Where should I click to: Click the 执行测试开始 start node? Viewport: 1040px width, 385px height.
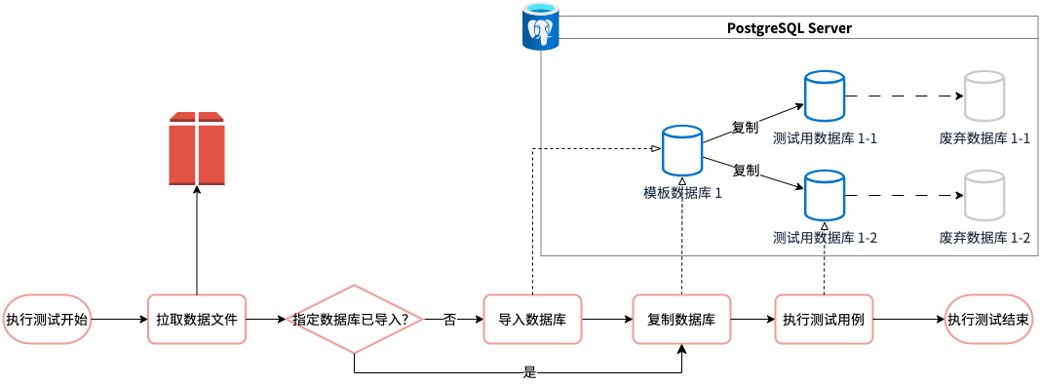(47, 320)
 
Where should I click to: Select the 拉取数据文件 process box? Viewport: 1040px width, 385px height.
(196, 320)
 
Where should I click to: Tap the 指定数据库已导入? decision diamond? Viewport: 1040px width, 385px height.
(354, 320)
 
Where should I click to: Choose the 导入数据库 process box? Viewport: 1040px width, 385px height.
(532, 320)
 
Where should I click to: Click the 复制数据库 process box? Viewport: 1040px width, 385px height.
(681, 320)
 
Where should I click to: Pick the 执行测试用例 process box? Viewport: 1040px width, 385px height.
(824, 320)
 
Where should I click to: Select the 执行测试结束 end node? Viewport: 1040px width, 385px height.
(989, 320)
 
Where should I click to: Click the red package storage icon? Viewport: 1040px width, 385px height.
(196, 149)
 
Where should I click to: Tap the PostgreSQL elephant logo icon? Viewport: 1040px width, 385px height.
(540, 25)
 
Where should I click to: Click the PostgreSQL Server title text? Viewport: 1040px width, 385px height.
(790, 28)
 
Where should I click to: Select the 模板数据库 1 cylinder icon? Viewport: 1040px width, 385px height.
(682, 151)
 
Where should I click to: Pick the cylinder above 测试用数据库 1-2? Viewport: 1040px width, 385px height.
(824, 196)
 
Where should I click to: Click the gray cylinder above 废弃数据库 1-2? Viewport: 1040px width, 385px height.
(984, 196)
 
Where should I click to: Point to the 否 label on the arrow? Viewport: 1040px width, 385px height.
(449, 320)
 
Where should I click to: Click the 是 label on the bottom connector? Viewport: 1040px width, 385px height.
(529, 372)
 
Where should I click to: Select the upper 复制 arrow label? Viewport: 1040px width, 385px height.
(745, 127)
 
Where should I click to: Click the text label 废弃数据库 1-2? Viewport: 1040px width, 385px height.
(984, 238)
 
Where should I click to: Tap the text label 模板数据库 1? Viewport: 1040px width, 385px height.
(682, 193)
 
